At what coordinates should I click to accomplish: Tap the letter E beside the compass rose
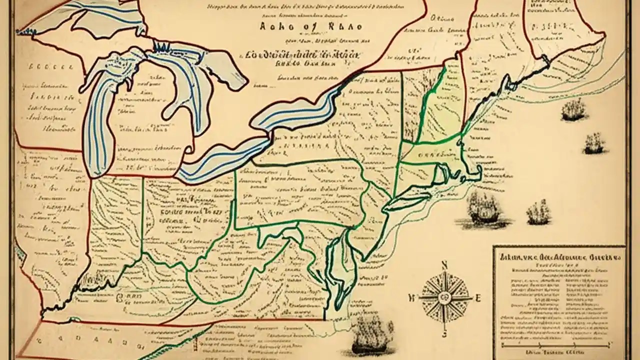[x=477, y=298]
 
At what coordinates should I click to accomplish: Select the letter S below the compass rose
[x=444, y=334]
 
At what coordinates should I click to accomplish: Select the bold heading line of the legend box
[x=558, y=258]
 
